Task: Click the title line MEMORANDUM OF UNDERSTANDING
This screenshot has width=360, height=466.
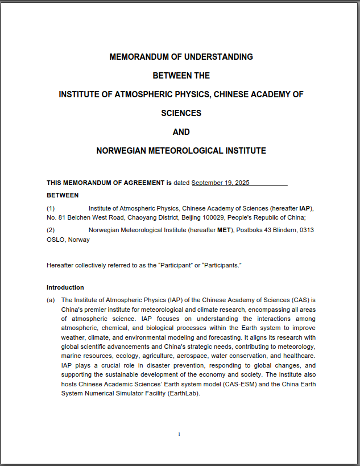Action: point(181,57)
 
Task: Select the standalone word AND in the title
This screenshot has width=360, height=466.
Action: point(181,132)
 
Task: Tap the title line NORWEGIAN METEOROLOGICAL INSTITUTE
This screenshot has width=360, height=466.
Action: point(181,151)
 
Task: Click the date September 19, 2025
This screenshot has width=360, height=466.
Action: point(221,183)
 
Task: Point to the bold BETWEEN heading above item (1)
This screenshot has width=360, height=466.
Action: point(63,195)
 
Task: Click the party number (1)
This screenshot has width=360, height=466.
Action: point(51,208)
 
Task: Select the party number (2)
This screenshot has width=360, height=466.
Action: point(51,230)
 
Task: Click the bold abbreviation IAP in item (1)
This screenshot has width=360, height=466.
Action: point(305,208)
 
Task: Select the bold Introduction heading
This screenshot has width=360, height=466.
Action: point(65,287)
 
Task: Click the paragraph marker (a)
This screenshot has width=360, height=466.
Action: point(51,300)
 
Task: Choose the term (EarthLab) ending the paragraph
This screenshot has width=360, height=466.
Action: point(184,393)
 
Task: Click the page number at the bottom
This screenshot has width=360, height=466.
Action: point(179,434)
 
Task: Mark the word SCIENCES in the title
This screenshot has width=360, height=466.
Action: point(181,113)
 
